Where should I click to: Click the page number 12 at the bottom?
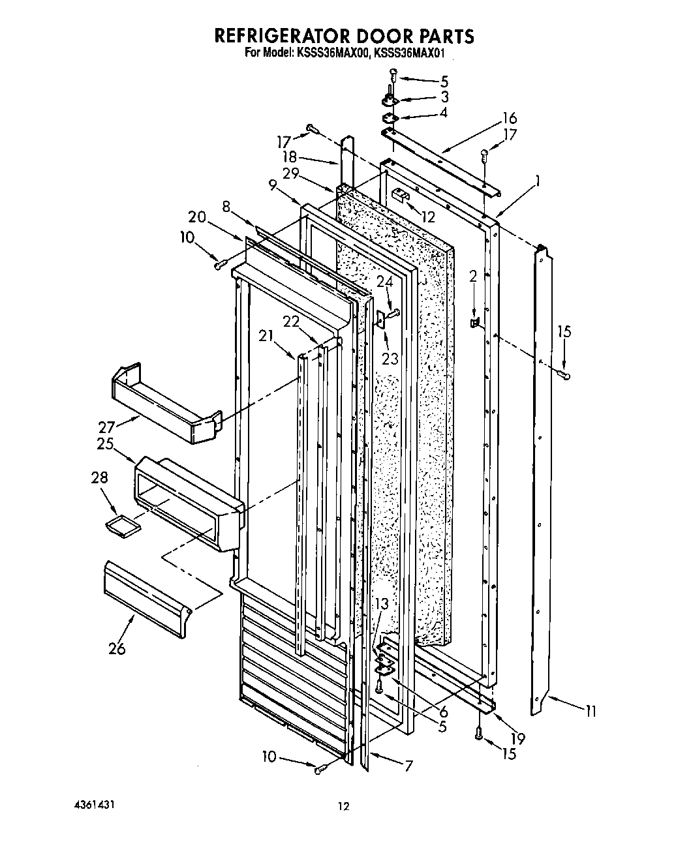(343, 806)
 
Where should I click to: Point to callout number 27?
(106, 427)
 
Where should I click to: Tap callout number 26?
(117, 648)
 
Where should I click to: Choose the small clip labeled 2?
(474, 322)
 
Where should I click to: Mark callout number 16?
(509, 118)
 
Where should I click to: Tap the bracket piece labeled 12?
(401, 193)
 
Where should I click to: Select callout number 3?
(444, 97)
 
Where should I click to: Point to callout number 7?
(408, 766)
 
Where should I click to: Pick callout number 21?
(265, 335)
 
